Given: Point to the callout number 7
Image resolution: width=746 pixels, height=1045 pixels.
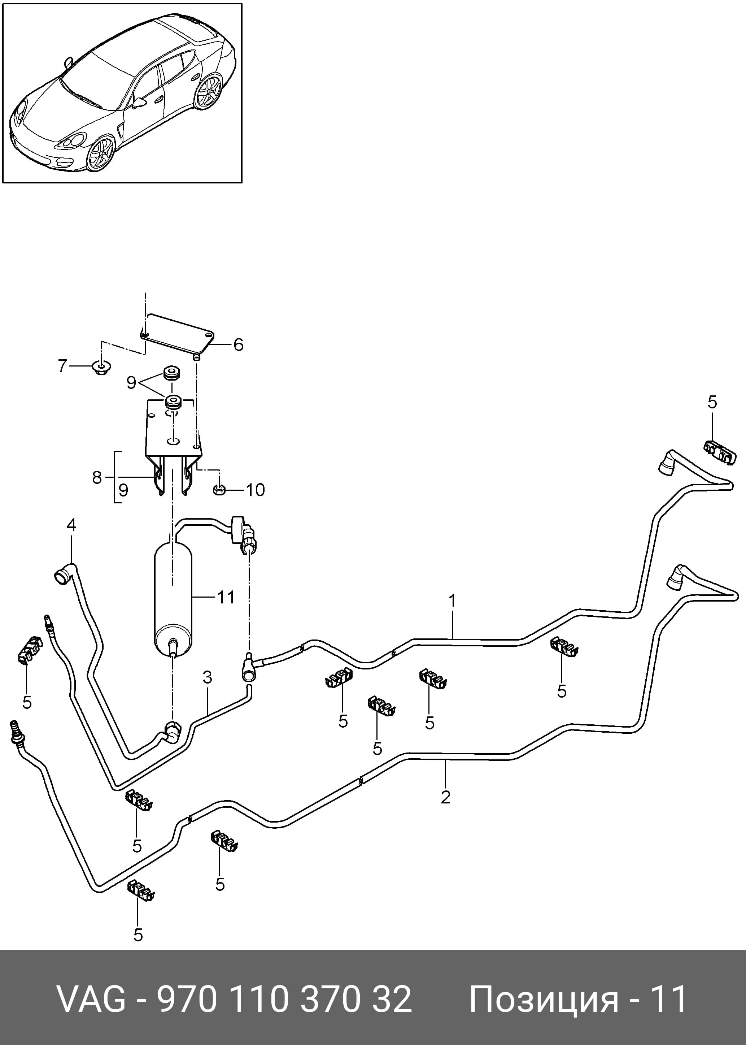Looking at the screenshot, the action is [62, 366].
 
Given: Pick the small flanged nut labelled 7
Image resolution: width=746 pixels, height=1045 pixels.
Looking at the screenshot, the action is [101, 367].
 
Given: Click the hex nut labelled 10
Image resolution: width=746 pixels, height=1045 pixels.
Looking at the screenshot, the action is [219, 490].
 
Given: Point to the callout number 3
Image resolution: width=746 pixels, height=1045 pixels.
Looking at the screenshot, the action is [207, 677].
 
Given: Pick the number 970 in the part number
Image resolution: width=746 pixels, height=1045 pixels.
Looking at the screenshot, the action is [187, 1000].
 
